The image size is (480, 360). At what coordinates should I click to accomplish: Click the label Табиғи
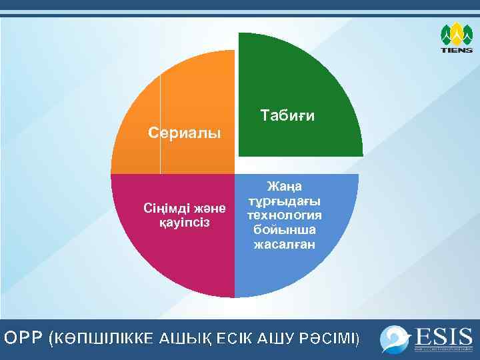[288, 115]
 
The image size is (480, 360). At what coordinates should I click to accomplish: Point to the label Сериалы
[183, 133]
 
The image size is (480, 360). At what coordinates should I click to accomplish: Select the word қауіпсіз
[185, 221]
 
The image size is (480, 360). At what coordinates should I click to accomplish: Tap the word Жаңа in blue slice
[284, 185]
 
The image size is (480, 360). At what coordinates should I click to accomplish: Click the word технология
[284, 215]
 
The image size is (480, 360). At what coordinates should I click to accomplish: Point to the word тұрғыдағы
[284, 200]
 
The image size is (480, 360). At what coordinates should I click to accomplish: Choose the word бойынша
[284, 229]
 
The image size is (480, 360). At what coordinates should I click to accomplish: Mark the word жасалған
[284, 245]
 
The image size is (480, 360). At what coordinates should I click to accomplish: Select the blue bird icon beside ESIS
[395, 339]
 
